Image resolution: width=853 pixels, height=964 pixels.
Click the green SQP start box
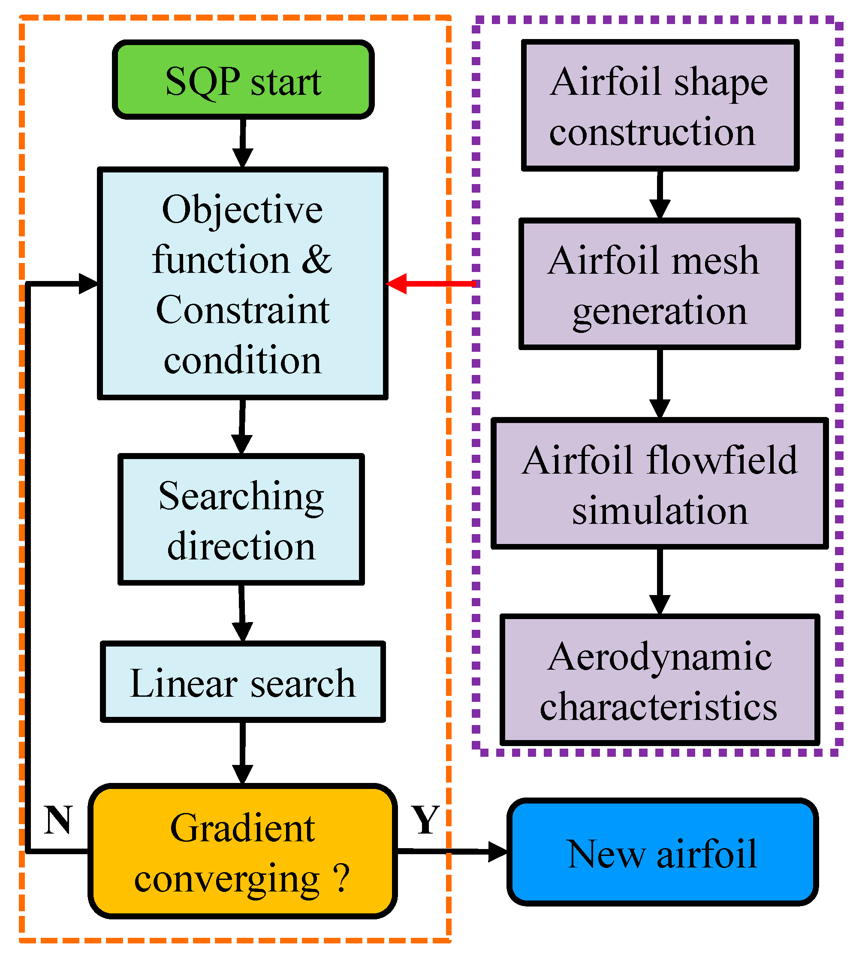click(243, 80)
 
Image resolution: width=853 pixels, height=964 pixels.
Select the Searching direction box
click(241, 519)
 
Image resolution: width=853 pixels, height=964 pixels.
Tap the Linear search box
click(242, 682)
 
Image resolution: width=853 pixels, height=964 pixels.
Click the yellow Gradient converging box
click(242, 852)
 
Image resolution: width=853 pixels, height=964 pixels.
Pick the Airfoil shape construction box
click(659, 105)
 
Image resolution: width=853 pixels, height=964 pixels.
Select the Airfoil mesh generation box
click(659, 284)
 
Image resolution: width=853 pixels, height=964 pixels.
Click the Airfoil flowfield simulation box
click(659, 484)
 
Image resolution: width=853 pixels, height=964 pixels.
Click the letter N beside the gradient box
click(58, 820)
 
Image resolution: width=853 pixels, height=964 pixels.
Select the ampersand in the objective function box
click(316, 260)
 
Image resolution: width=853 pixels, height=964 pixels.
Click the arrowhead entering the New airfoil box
click(497, 852)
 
